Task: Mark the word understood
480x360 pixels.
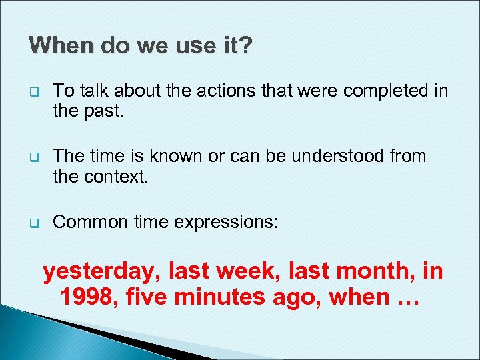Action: click(x=345, y=156)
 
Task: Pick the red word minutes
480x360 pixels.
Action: click(x=229, y=297)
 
